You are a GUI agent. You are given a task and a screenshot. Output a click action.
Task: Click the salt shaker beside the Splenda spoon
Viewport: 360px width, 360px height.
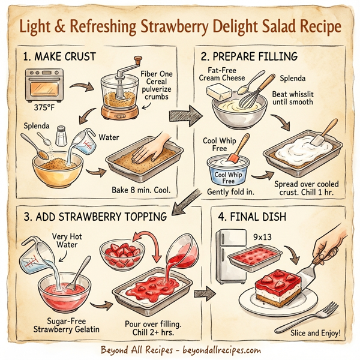pyautogui.click(x=60, y=135)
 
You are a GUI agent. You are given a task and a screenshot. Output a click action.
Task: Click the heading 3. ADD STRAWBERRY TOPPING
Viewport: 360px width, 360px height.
pyautogui.click(x=95, y=216)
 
